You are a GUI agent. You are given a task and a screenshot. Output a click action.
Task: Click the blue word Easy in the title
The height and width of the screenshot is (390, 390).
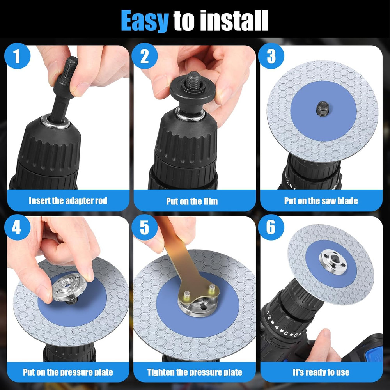click(144, 20)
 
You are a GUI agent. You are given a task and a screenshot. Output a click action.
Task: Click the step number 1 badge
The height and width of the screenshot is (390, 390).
click(17, 56)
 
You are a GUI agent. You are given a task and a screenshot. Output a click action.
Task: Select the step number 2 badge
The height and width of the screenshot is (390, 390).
click(144, 56)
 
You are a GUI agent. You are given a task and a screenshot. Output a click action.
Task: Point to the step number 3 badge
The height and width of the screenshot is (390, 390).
click(271, 56)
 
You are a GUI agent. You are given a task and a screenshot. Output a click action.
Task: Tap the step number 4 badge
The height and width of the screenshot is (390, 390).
click(17, 227)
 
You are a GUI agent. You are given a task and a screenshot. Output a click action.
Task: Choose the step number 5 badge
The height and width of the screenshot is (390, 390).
click(144, 227)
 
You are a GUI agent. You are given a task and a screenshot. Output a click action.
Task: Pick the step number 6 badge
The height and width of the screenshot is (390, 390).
click(271, 227)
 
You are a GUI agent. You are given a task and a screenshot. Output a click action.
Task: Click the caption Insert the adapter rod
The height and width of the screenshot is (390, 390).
click(68, 201)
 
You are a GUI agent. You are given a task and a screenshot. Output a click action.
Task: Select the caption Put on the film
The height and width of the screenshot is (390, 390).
click(192, 201)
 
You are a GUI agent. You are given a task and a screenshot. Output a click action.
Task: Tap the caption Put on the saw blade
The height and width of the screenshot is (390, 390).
click(321, 201)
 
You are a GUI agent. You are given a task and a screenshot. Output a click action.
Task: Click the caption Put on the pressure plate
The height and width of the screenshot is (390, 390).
click(68, 372)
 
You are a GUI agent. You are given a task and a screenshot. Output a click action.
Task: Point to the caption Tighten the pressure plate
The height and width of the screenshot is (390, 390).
click(195, 372)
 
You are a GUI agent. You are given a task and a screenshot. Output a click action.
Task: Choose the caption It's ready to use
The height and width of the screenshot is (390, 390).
click(321, 372)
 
